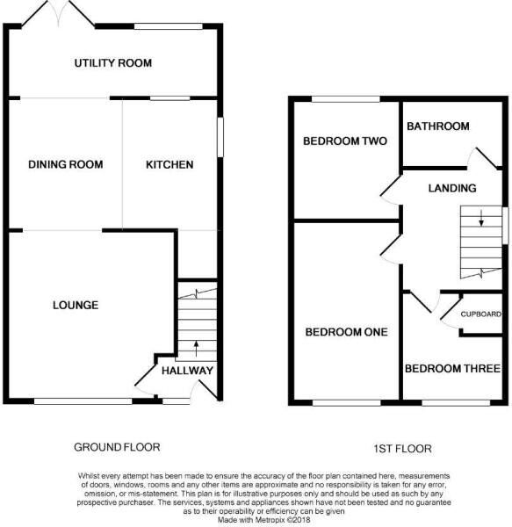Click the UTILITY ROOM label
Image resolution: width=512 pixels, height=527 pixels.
[x=113, y=63]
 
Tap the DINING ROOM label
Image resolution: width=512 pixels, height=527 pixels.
[x=65, y=164]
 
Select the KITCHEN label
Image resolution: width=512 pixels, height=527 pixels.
[x=169, y=164]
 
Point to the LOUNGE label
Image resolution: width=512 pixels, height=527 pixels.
[x=75, y=306]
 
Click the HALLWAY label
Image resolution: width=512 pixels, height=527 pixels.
[x=187, y=371]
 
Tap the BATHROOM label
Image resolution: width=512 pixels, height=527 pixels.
[x=437, y=126]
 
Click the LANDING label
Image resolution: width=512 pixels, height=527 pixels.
[x=451, y=188]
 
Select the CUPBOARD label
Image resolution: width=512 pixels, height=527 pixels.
[x=481, y=314]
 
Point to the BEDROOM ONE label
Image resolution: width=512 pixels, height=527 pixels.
[x=346, y=332]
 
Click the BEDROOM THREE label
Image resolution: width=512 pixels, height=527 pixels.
[x=452, y=368]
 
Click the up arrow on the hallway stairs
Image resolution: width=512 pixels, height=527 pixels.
[x=195, y=345]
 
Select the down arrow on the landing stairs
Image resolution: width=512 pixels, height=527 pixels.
[x=480, y=220]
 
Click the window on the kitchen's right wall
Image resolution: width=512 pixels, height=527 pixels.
[x=220, y=139]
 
